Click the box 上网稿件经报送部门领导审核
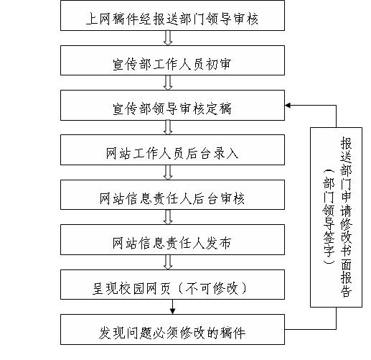[x=172, y=15]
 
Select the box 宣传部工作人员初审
[x=172, y=60]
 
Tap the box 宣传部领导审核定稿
[x=172, y=105]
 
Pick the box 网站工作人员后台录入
[x=172, y=149]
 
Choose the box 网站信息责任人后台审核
[x=172, y=195]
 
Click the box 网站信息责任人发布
[x=172, y=239]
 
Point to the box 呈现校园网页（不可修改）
[x=172, y=285]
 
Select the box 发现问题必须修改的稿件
[x=172, y=330]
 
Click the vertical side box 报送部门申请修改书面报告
[x=336, y=217]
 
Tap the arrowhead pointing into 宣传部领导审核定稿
[x=288, y=106]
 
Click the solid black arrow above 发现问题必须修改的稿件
[x=172, y=307]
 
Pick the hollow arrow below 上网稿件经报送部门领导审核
[x=168, y=38]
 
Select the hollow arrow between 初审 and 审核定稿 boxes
[x=168, y=83]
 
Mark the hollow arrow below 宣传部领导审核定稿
[x=168, y=127]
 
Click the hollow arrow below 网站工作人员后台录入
[x=168, y=172]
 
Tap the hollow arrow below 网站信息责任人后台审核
[x=168, y=217]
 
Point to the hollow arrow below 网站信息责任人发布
[x=168, y=262]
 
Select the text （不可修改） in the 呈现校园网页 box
[x=212, y=288]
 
